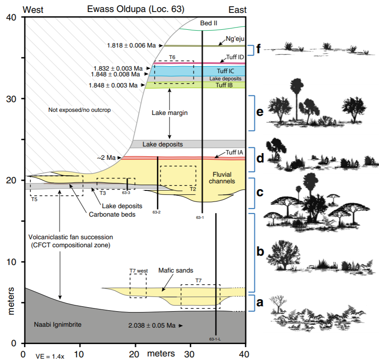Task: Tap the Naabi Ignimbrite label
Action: [x=58, y=324]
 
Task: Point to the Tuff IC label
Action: [x=225, y=71]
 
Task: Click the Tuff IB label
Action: [x=225, y=85]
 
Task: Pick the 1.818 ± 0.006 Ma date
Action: [x=133, y=45]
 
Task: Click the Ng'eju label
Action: [x=235, y=39]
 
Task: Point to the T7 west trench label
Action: [x=138, y=270]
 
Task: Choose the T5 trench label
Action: [x=34, y=199]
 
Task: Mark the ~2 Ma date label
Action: [x=107, y=158]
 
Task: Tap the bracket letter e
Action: [x=259, y=112]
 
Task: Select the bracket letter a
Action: [x=260, y=303]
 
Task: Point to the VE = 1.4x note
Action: [x=50, y=356]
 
